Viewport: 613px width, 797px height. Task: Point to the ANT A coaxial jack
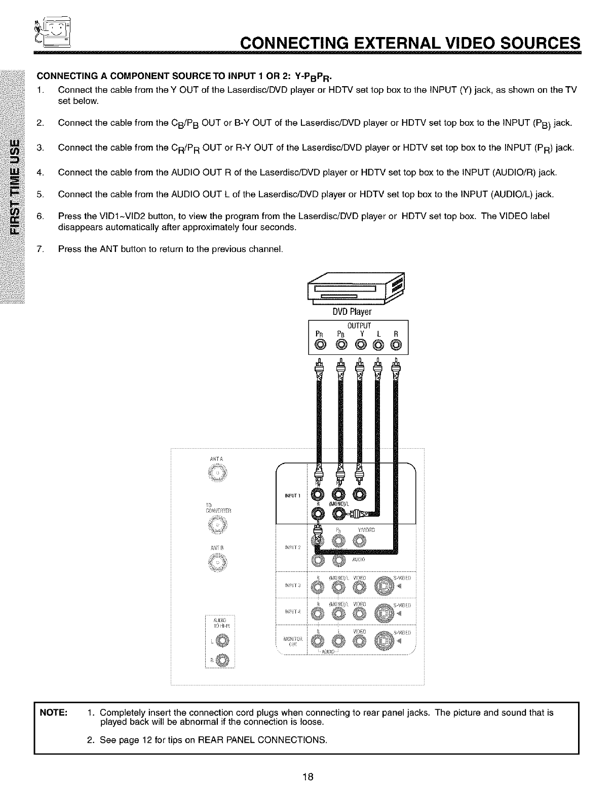click(x=218, y=474)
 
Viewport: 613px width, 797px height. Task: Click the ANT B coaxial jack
click(x=218, y=563)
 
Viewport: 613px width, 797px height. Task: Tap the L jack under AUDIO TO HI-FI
click(x=222, y=642)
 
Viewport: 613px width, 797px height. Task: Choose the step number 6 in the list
click(x=40, y=216)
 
